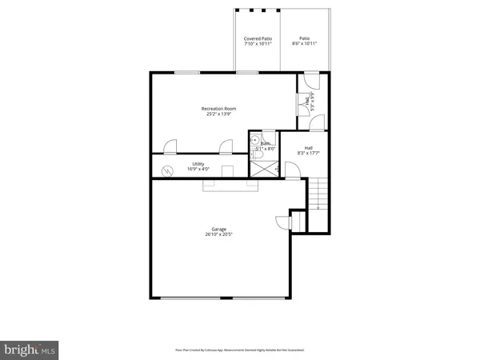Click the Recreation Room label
point(218,111)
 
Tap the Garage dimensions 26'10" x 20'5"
point(218,234)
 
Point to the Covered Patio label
point(258,41)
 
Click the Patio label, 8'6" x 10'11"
point(305,41)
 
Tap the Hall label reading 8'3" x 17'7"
point(309,150)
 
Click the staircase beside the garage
point(318,194)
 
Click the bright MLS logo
point(30,350)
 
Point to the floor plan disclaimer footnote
point(239,350)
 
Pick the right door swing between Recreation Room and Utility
point(226,146)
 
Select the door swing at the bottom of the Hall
point(292,170)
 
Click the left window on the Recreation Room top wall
point(187,73)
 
